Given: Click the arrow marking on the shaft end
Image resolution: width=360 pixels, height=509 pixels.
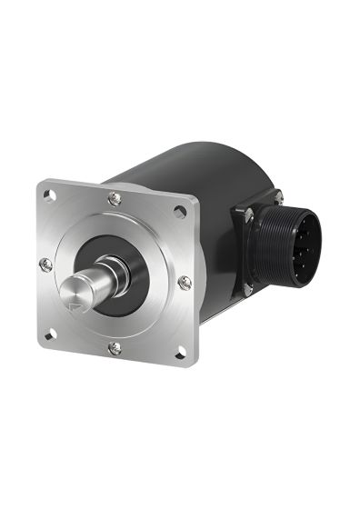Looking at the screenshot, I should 76,294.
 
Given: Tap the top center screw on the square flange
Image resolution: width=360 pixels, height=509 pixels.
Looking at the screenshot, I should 114,199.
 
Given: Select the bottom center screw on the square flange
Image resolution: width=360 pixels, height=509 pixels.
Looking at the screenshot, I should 114,348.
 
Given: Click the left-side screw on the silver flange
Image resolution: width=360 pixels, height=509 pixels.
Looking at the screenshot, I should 46,264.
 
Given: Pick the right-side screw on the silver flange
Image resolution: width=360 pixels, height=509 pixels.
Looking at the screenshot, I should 185,282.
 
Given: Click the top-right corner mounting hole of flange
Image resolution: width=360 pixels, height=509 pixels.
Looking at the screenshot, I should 181,211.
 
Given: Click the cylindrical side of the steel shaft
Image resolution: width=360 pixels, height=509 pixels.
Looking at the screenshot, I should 91,283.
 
